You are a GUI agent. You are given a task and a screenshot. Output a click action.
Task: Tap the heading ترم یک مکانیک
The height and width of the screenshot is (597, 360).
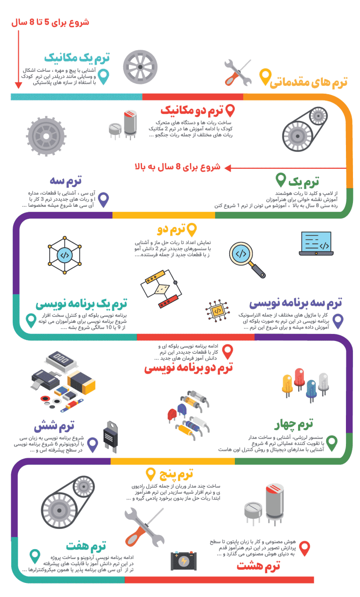pyautogui.click(x=77, y=58)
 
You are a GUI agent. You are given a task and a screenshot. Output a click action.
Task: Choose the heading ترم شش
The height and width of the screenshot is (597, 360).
pyautogui.click(x=54, y=427)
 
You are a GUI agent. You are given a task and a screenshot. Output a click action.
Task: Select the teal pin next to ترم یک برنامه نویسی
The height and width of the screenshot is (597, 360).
pyautogui.click(x=31, y=320)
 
